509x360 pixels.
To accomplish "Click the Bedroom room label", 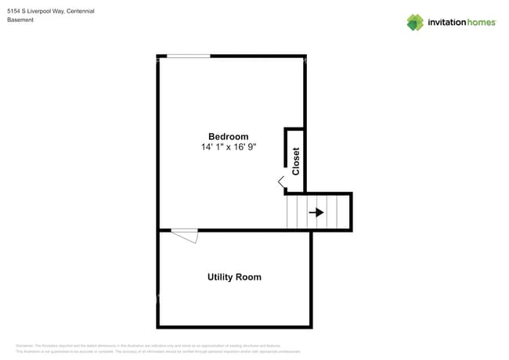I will point(228,137).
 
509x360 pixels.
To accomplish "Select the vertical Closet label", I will point(296,161).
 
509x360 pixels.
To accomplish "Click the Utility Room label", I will point(234,277).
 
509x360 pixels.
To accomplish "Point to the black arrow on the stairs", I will point(316,212).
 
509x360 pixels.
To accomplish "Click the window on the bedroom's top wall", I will point(189,56).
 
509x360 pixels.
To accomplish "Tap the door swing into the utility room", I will point(186,235).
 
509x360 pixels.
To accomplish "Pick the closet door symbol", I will point(281,182).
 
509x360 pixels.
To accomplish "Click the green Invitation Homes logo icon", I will point(415,22).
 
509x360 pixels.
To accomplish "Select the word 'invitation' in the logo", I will point(446,23).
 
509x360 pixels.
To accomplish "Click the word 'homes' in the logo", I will point(482,23).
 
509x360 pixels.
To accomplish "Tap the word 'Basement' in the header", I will point(20,20).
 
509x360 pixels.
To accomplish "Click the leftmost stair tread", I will point(291,212).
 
